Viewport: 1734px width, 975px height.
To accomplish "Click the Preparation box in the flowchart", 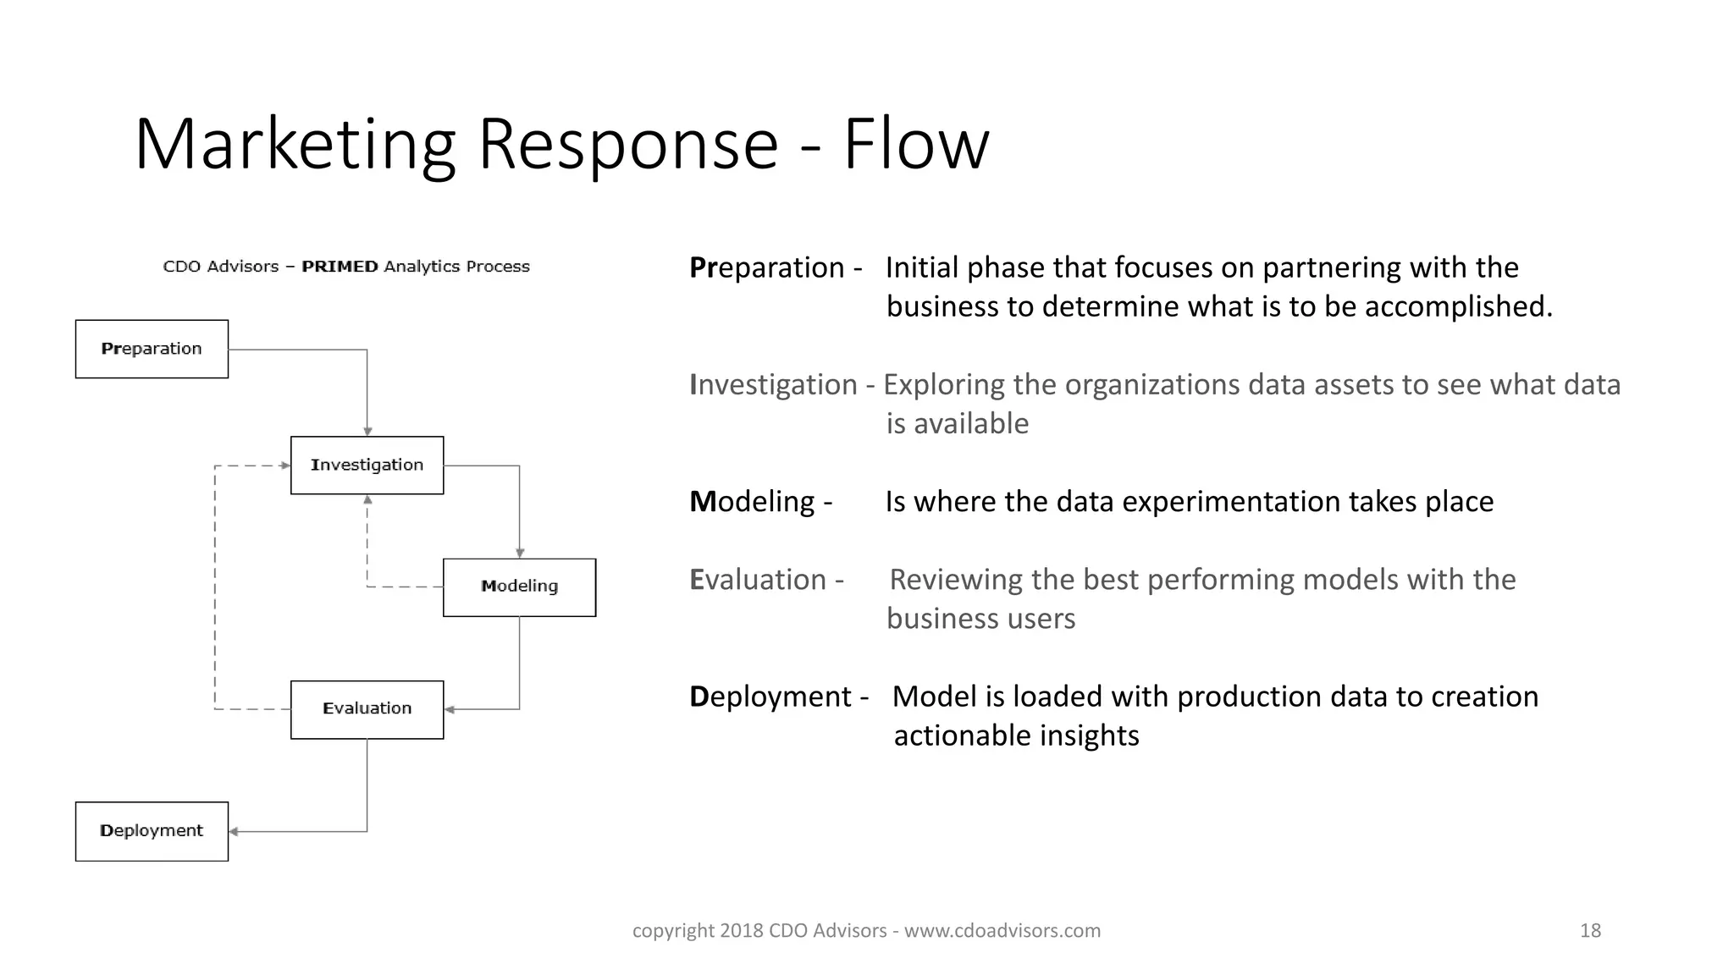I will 152,349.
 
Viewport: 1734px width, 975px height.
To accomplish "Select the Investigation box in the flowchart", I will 367,465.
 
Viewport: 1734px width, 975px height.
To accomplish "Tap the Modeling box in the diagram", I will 519,587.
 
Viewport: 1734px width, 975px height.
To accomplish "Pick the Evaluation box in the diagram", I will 367,709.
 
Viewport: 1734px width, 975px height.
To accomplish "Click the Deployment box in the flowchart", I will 152,831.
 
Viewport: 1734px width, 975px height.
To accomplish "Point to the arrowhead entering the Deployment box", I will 234,832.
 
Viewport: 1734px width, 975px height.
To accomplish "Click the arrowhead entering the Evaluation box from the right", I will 450,709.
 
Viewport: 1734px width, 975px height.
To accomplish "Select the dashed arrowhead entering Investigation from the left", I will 285,465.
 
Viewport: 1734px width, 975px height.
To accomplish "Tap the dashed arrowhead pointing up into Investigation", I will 367,500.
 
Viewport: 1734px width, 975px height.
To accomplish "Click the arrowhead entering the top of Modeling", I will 520,554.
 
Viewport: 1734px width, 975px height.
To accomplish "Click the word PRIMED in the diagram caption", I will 340,267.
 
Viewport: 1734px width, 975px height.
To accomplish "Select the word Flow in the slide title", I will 915,144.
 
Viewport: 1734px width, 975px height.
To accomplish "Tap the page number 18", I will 1590,931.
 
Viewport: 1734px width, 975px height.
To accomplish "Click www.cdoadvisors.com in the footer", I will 1002,931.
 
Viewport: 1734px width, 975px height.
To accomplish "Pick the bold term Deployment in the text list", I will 770,697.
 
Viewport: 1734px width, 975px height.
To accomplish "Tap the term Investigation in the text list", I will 773,385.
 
